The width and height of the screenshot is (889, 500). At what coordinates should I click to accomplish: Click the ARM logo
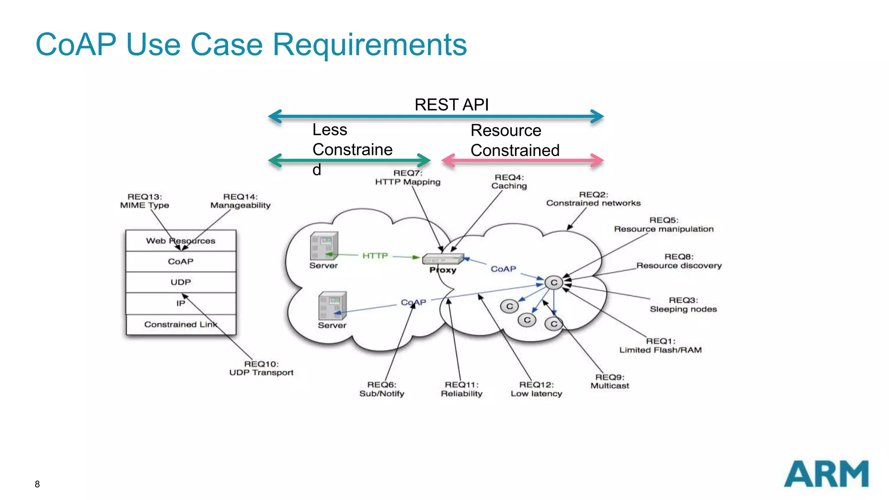826,474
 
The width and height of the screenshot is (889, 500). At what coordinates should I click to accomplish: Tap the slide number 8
37,484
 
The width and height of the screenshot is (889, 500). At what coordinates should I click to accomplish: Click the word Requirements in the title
369,45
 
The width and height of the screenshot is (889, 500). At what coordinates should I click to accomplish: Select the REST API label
451,105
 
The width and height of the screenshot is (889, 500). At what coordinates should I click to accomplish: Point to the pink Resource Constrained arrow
522,160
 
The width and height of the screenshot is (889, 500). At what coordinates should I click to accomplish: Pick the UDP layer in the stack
181,282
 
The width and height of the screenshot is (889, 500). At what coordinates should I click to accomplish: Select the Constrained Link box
181,324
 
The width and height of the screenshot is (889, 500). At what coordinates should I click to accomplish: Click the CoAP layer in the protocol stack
181,261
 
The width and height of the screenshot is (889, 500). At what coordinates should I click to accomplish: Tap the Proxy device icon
443,259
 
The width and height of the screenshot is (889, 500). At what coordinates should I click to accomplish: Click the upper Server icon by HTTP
324,246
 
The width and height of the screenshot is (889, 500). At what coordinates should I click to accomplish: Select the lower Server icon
332,306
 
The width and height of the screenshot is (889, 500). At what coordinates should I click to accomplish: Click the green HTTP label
375,256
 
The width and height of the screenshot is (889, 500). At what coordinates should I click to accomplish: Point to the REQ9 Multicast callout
609,382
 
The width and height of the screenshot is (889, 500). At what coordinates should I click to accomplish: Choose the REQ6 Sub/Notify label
382,389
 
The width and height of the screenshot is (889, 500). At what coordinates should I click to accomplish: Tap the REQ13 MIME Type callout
145,201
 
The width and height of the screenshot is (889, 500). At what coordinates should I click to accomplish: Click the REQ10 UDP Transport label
261,368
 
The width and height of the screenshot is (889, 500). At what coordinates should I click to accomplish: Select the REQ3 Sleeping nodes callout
683,305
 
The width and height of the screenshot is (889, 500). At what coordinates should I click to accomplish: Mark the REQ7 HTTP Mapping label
408,178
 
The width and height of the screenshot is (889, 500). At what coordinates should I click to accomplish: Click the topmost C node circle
554,283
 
